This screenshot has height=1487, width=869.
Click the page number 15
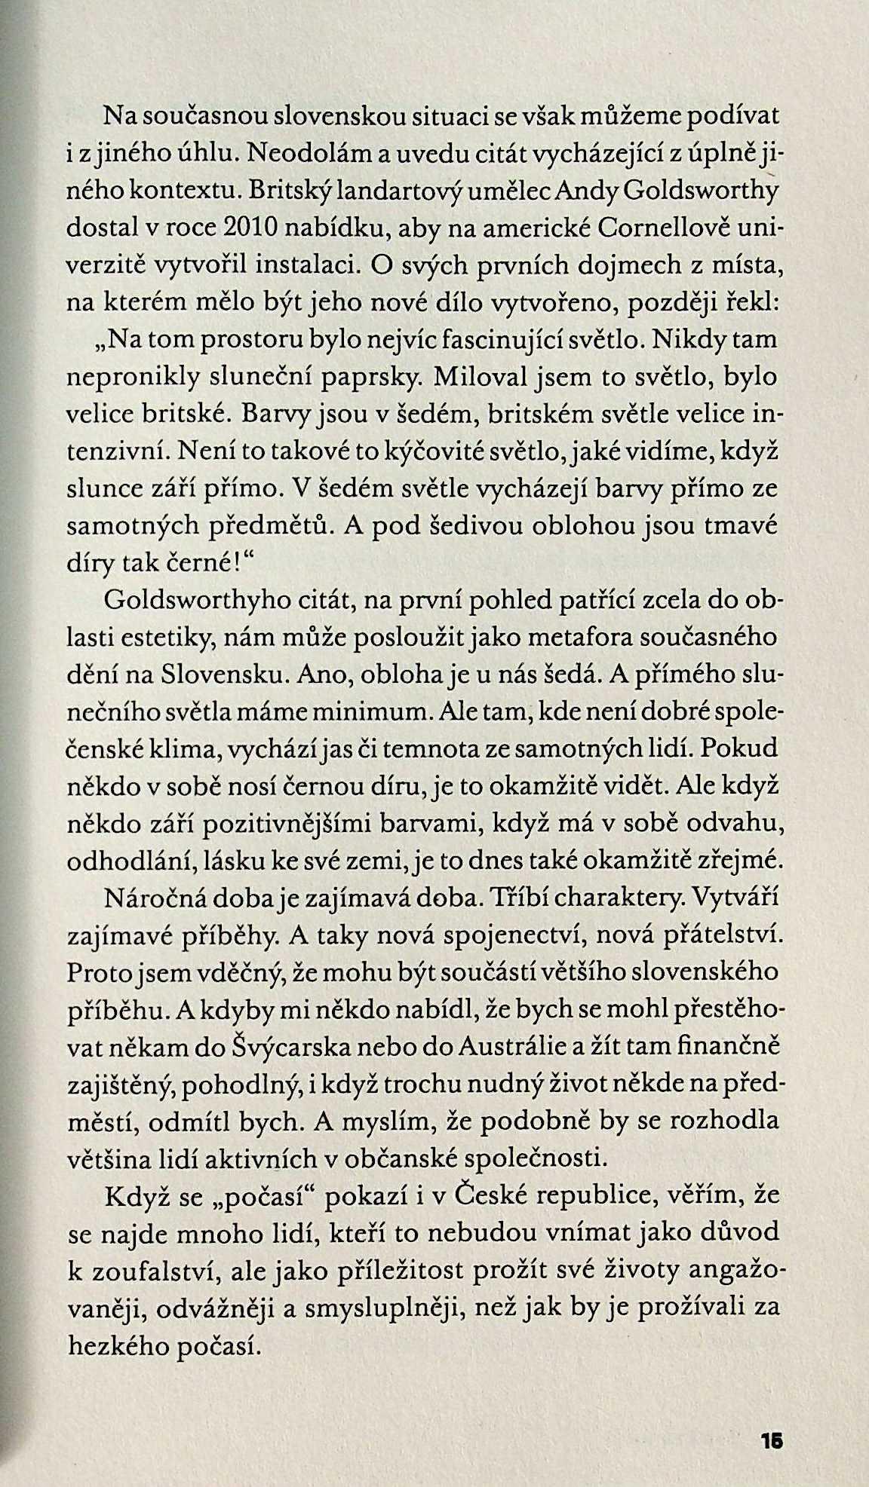coord(772,1439)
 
